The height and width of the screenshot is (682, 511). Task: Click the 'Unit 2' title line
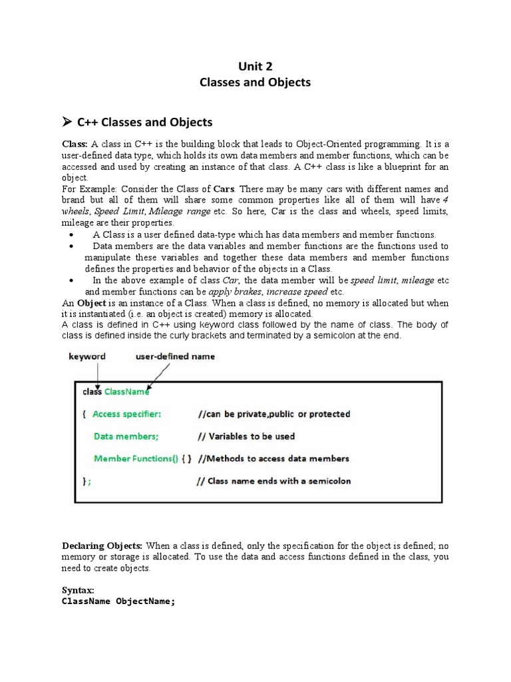pos(255,66)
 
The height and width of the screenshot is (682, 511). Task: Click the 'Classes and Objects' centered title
pos(255,83)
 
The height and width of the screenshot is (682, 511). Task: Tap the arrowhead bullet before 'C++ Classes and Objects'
pos(67,122)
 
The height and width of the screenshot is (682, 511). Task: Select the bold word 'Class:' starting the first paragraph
pos(75,143)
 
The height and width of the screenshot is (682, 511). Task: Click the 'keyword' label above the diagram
pos(87,356)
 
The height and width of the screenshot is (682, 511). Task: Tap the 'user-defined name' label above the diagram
pos(175,356)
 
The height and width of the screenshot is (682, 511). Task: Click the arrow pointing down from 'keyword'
pos(98,376)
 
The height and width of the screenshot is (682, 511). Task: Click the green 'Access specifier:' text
pos(126,414)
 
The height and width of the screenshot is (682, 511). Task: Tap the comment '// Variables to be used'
pos(246,436)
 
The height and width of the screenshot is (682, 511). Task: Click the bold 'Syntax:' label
pos(78,590)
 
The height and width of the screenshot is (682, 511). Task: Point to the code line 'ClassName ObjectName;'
pos(118,601)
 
